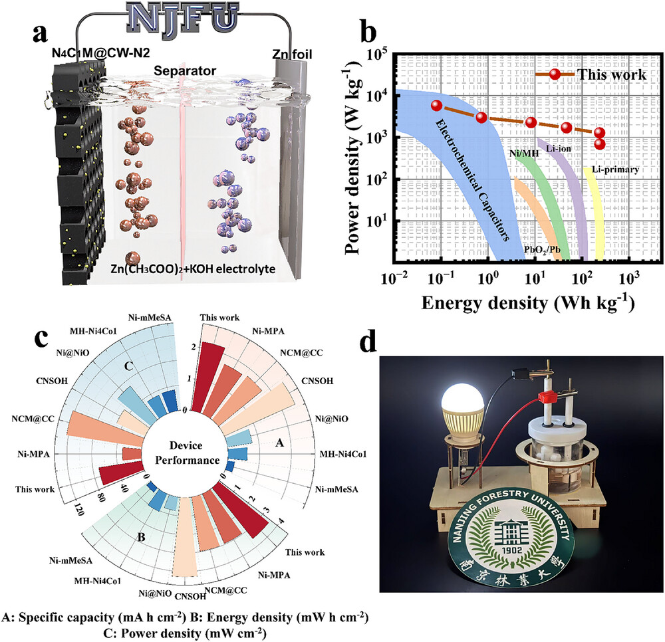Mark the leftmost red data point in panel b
click(436, 106)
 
